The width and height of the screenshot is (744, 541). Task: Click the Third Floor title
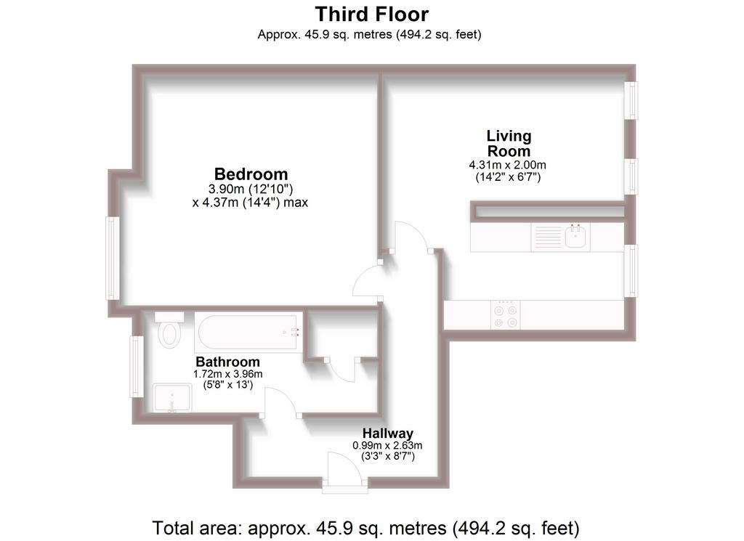(x=371, y=15)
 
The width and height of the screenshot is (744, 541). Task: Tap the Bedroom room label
(x=251, y=174)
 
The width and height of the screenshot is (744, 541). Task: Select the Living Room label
(x=509, y=143)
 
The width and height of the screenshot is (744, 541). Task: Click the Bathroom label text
(x=227, y=362)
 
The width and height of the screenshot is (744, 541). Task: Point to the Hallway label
(x=388, y=433)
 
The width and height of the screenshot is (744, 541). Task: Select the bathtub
(x=248, y=332)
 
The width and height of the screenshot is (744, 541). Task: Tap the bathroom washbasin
(x=172, y=398)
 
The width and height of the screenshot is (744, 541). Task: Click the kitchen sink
(x=575, y=236)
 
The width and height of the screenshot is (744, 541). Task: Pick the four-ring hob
(x=506, y=315)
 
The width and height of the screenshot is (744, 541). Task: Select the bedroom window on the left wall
(x=113, y=259)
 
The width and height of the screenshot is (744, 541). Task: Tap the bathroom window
(x=137, y=367)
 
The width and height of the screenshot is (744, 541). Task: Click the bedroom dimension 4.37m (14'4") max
(x=250, y=203)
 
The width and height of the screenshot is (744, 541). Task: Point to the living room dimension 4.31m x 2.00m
(x=508, y=165)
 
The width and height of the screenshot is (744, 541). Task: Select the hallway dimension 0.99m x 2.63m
(x=387, y=445)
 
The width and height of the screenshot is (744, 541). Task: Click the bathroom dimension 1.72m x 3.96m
(x=227, y=374)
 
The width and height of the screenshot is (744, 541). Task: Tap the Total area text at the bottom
(x=366, y=527)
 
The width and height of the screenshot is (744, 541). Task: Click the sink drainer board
(x=547, y=236)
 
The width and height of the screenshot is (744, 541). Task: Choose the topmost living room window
(x=631, y=100)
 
